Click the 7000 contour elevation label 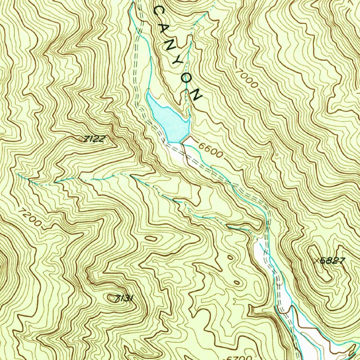tap(247, 78)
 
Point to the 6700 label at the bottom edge tap(238, 358)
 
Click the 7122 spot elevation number tap(94, 139)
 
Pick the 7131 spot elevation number tap(125, 298)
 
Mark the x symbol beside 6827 tap(317, 261)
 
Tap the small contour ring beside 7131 tap(112, 298)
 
